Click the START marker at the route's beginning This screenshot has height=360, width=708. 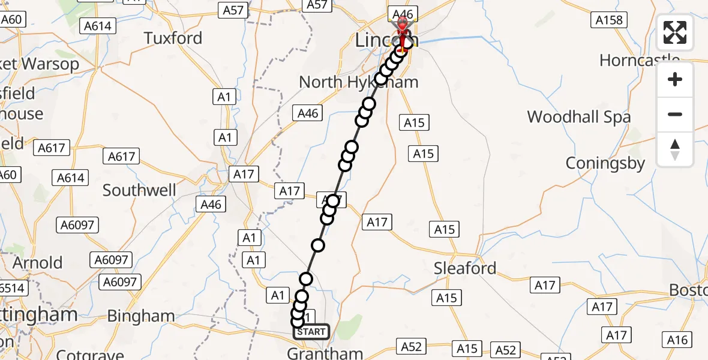coord(311,331)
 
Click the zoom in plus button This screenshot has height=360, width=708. coord(675,80)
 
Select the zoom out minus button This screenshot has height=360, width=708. coord(675,114)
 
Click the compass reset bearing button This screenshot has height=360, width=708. coord(675,149)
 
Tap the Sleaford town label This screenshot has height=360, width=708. coord(465,268)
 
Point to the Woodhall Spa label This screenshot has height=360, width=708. coord(578,117)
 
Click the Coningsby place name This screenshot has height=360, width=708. coord(605,163)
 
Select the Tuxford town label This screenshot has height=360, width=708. coord(173,38)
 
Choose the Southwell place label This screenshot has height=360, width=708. coord(139,191)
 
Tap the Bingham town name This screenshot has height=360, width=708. coord(141,316)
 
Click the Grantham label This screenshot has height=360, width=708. coord(325,353)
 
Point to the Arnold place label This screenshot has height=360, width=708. coord(37,263)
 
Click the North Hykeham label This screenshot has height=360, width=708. coord(358,82)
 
